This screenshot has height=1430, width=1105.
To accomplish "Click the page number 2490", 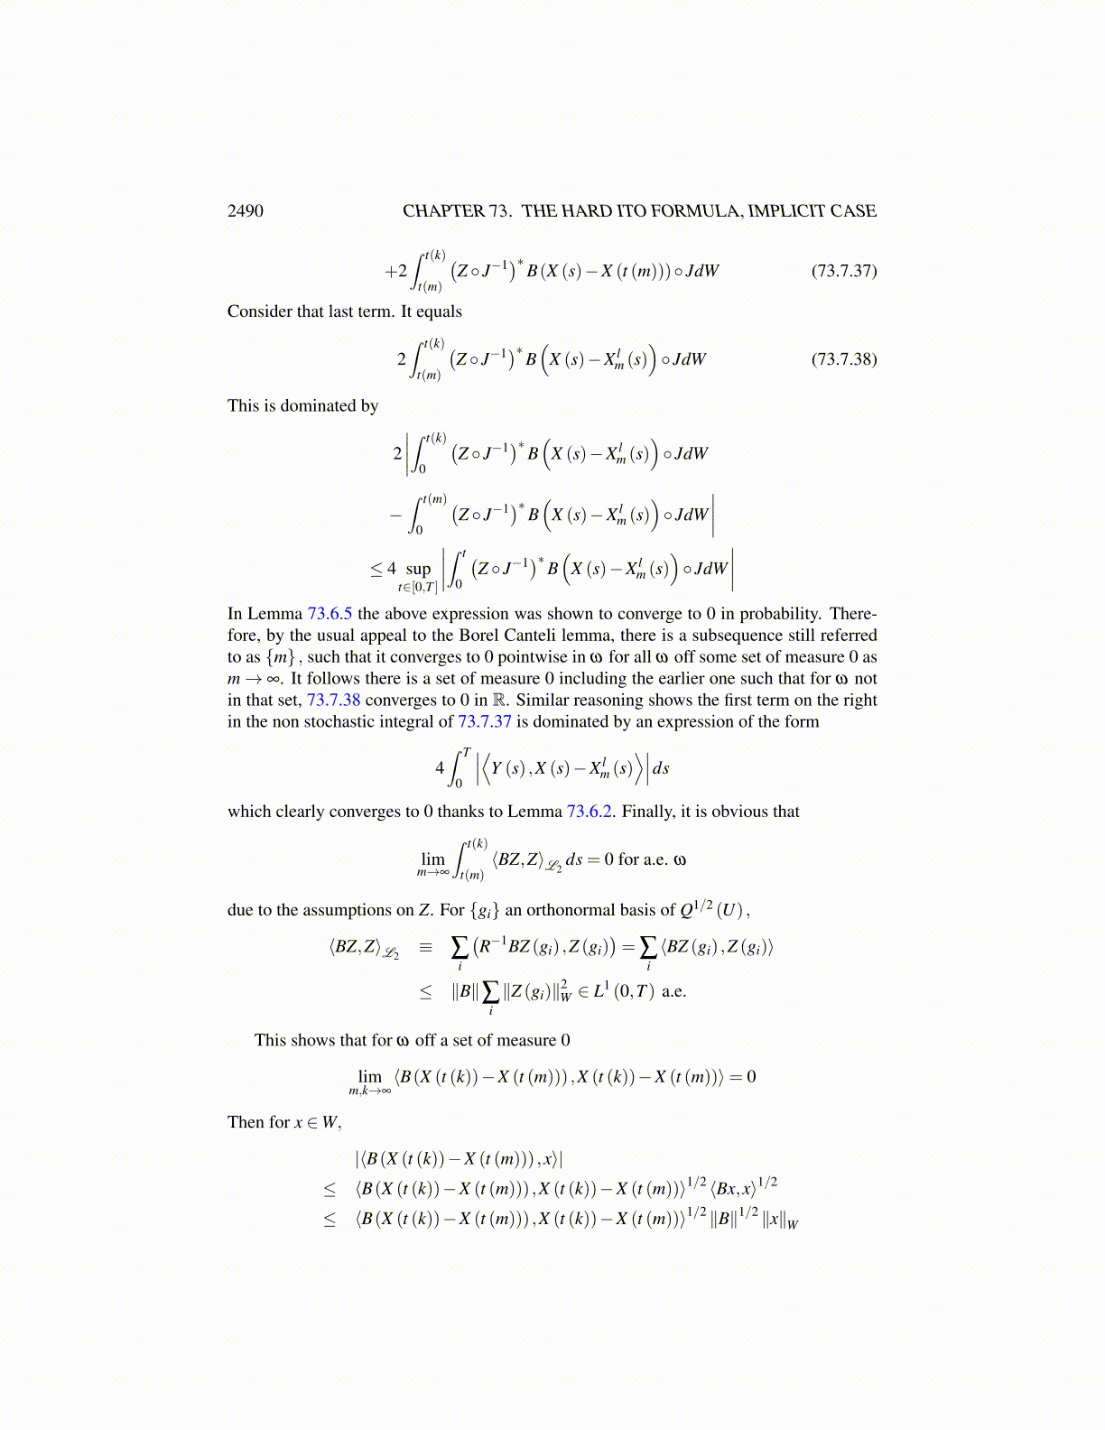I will point(245,211).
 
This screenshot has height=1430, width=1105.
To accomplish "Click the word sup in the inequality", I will point(418,570).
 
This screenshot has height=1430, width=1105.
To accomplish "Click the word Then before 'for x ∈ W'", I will point(245,1122).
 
